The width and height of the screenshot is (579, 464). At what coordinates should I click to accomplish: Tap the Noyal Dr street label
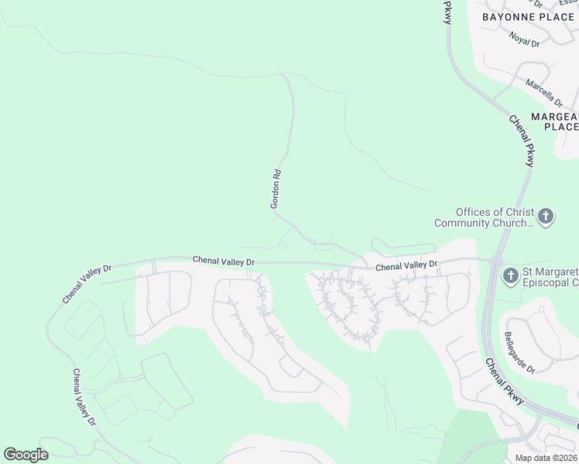(524, 36)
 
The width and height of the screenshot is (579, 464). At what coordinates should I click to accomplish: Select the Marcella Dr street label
(544, 91)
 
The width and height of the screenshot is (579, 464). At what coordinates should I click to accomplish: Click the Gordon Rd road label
(276, 189)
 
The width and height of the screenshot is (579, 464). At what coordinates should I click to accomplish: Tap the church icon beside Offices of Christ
(546, 217)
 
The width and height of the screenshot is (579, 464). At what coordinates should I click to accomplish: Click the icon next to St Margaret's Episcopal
(510, 275)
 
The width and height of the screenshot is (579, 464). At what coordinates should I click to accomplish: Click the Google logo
(26, 455)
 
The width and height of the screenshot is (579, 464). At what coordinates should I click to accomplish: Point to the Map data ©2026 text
(545, 458)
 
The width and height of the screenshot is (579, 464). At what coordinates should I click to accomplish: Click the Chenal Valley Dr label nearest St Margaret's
(406, 266)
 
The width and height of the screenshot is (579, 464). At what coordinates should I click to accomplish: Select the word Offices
(475, 212)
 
